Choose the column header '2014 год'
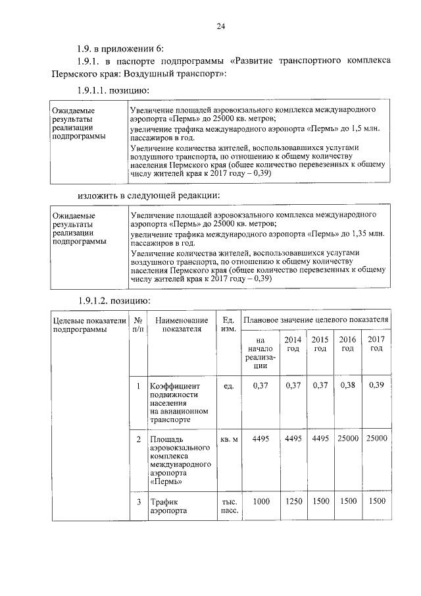(293, 343)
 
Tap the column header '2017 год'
(376, 343)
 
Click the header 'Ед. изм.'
(228, 324)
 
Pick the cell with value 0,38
(347, 385)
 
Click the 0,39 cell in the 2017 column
(376, 385)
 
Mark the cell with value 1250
(293, 502)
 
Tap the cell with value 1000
(261, 502)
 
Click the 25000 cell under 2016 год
(347, 438)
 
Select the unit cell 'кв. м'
(228, 439)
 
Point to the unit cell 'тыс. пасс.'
(229, 506)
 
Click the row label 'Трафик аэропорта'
(165, 506)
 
